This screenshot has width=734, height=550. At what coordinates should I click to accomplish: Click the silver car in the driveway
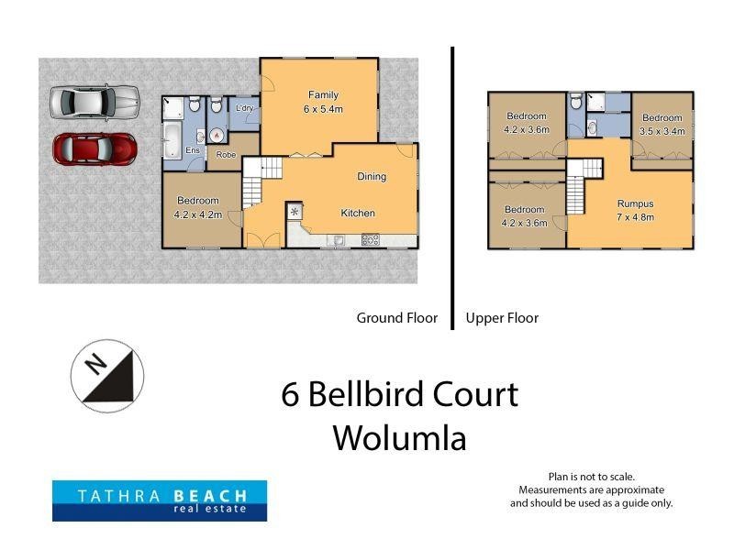point(93,103)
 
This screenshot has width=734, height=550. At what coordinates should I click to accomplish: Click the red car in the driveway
point(95,148)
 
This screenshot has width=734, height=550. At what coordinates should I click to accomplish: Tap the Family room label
point(323,95)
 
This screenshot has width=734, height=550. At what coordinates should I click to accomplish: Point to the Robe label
point(226,155)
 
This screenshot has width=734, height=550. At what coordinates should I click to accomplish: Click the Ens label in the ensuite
point(194,150)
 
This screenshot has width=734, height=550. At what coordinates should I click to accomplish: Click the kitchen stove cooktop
point(370,240)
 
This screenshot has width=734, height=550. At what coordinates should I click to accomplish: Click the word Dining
point(372,177)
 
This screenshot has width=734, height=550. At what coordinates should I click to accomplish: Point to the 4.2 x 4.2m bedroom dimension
point(198,215)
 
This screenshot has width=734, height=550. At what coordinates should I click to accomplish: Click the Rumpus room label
point(635,203)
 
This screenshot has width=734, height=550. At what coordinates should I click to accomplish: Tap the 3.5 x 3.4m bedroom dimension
point(661,130)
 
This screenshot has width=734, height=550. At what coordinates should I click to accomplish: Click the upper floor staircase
point(575,193)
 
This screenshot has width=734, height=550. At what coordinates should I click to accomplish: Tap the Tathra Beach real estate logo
point(159,501)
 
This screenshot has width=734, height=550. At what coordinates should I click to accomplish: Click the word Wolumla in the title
point(399,437)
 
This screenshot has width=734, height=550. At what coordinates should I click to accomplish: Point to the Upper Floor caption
point(502,319)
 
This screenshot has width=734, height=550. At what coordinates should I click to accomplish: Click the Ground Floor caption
point(397,319)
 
